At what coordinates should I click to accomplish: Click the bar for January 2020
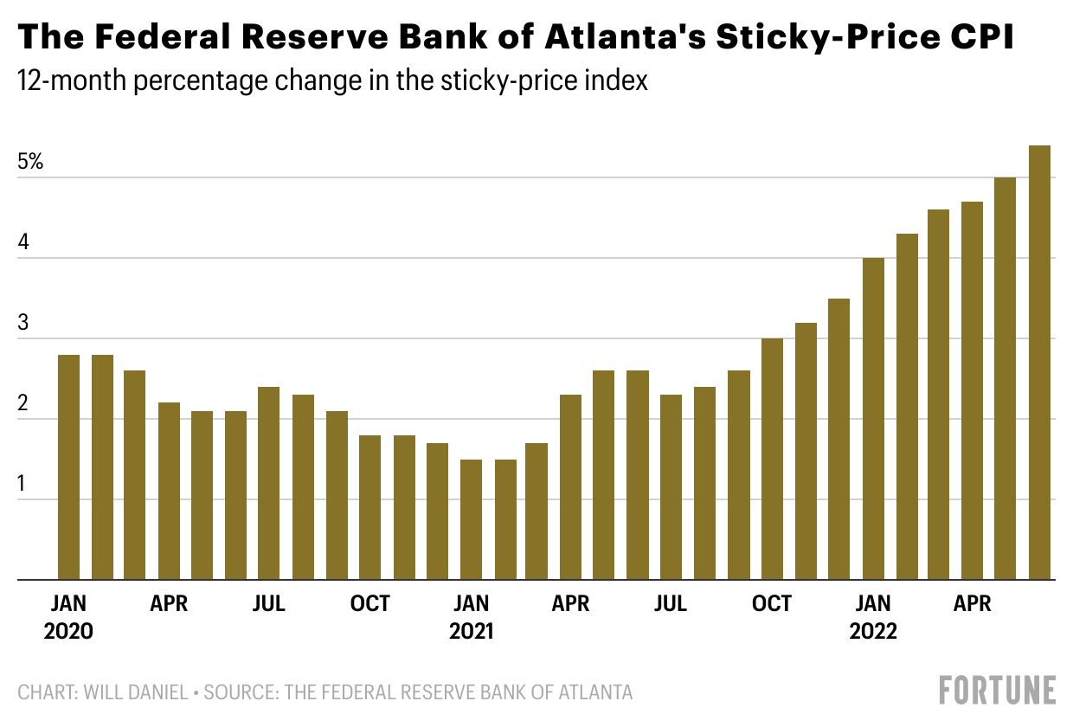[69, 467]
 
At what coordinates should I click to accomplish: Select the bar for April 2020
[170, 491]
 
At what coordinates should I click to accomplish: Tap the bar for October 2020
[370, 507]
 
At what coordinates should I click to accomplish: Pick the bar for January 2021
[471, 519]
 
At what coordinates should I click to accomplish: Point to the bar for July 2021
[671, 487]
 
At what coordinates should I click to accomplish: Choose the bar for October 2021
[772, 459]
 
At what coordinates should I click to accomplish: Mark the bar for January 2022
[873, 419]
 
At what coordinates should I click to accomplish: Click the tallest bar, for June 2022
[1039, 363]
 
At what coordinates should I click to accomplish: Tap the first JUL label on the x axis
[269, 603]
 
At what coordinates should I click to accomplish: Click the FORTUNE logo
[998, 691]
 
